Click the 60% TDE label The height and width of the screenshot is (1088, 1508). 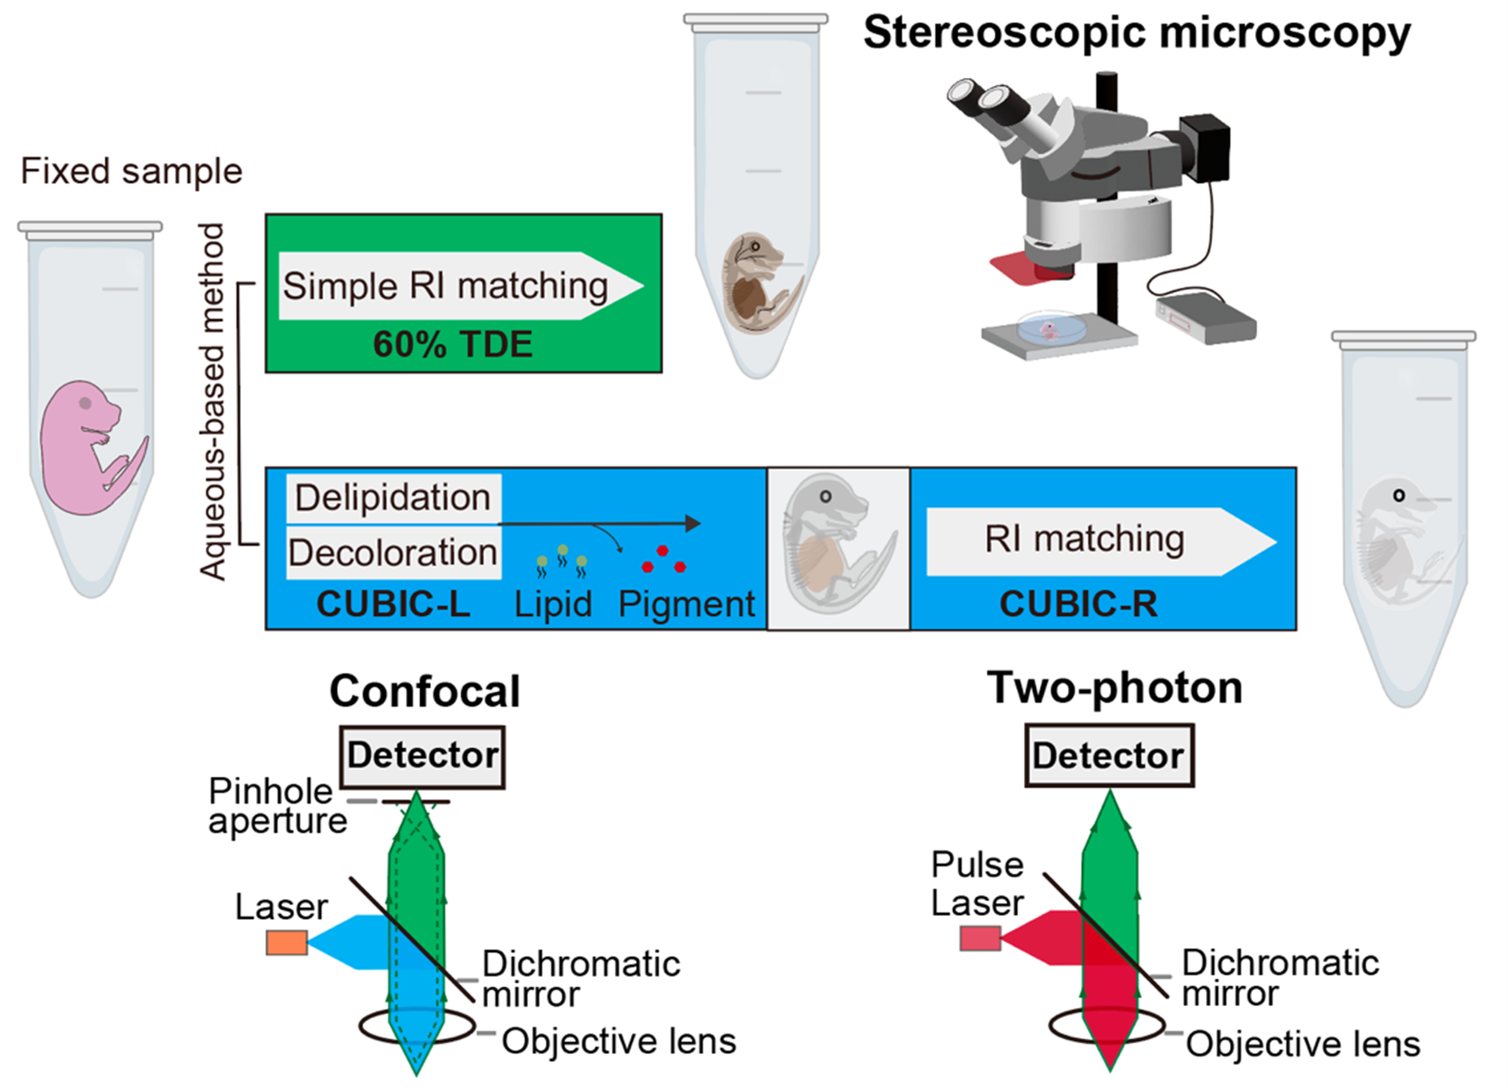(x=453, y=344)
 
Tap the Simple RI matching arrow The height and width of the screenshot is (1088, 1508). (x=461, y=286)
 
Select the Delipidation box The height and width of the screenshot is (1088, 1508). (x=394, y=498)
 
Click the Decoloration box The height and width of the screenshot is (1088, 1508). (x=394, y=553)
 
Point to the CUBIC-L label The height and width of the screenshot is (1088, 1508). (x=394, y=604)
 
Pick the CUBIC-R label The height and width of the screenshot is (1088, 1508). (x=1078, y=604)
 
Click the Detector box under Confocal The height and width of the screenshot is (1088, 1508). (x=422, y=756)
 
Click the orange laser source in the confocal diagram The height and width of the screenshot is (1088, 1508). (x=287, y=942)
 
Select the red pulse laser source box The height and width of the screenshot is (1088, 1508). (x=980, y=938)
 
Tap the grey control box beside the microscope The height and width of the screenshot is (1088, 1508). (x=1205, y=320)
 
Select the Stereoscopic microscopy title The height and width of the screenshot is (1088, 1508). (x=1137, y=33)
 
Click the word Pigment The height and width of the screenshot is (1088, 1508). (x=687, y=604)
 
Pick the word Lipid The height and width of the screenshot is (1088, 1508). (x=553, y=604)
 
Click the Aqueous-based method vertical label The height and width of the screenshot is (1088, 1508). (x=212, y=402)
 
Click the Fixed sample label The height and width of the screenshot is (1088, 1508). (x=131, y=171)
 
